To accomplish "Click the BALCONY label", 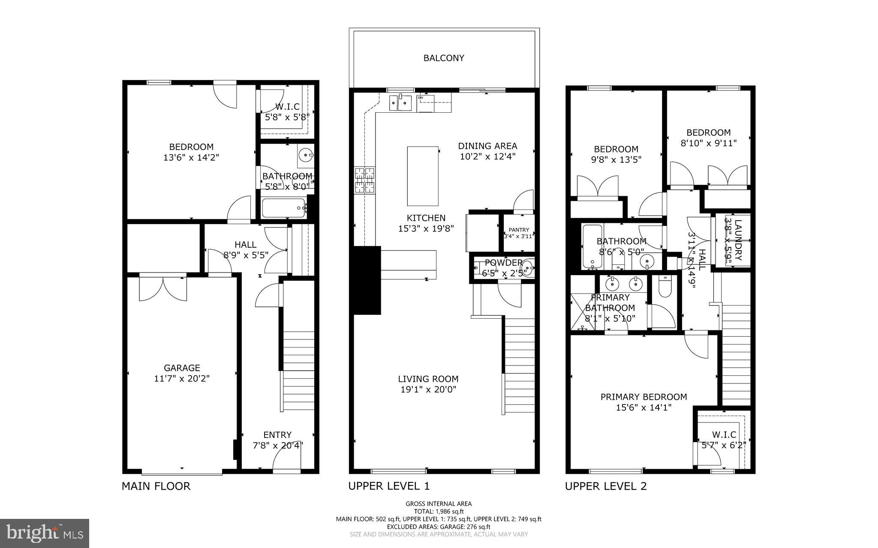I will pos(444,58).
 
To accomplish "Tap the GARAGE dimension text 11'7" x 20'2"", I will pos(182,379).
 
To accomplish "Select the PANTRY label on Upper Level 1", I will pos(519,230).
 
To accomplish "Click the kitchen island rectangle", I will pos(423,176).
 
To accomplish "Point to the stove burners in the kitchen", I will pos(364,180).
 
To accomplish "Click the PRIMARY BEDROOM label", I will pos(643,397).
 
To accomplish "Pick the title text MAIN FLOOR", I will pos(156,486).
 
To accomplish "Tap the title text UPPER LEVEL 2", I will pos(605,486).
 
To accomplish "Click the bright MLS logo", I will pos(45,533).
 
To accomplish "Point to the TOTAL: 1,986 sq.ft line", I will pos(439,511).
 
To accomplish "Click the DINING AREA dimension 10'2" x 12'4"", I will pos(487,157).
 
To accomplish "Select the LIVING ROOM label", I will pos(428,379).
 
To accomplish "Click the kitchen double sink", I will pos(400,103).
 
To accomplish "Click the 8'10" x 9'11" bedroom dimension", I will pos(708,143).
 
